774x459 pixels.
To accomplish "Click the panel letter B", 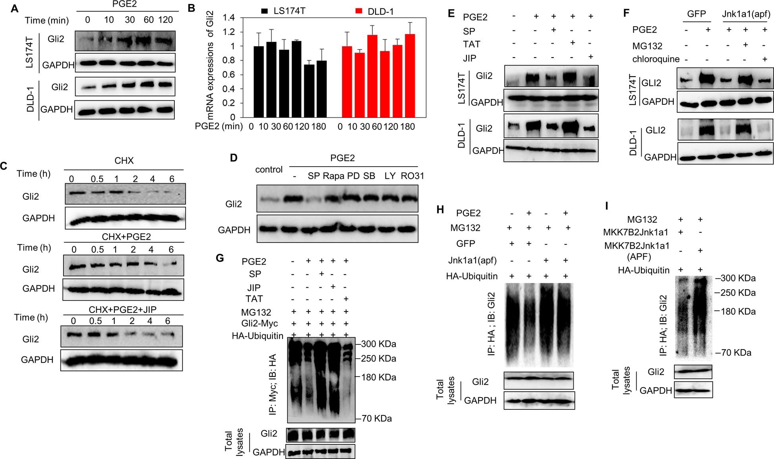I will (x=192, y=8).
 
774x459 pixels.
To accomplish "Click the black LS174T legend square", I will (x=265, y=11).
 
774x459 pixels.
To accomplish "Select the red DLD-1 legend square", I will (x=359, y=11).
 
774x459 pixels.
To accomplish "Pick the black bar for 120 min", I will (x=309, y=91).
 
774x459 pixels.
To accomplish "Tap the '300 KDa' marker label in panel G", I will (x=379, y=344).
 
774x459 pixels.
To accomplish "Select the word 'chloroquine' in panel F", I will (x=656, y=59).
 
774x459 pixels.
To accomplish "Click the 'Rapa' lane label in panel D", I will (x=333, y=176).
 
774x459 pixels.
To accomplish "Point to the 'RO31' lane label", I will (x=412, y=176).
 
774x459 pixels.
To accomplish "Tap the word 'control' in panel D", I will (x=269, y=169).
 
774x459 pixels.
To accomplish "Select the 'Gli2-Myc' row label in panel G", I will (x=259, y=323).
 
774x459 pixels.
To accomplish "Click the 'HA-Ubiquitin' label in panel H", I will (x=472, y=276).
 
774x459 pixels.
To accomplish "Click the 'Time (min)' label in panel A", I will (x=47, y=20).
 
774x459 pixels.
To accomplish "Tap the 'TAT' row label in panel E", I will (x=472, y=44).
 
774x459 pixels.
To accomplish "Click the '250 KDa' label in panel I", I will (x=738, y=293).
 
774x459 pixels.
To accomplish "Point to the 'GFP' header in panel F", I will (x=696, y=14).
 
